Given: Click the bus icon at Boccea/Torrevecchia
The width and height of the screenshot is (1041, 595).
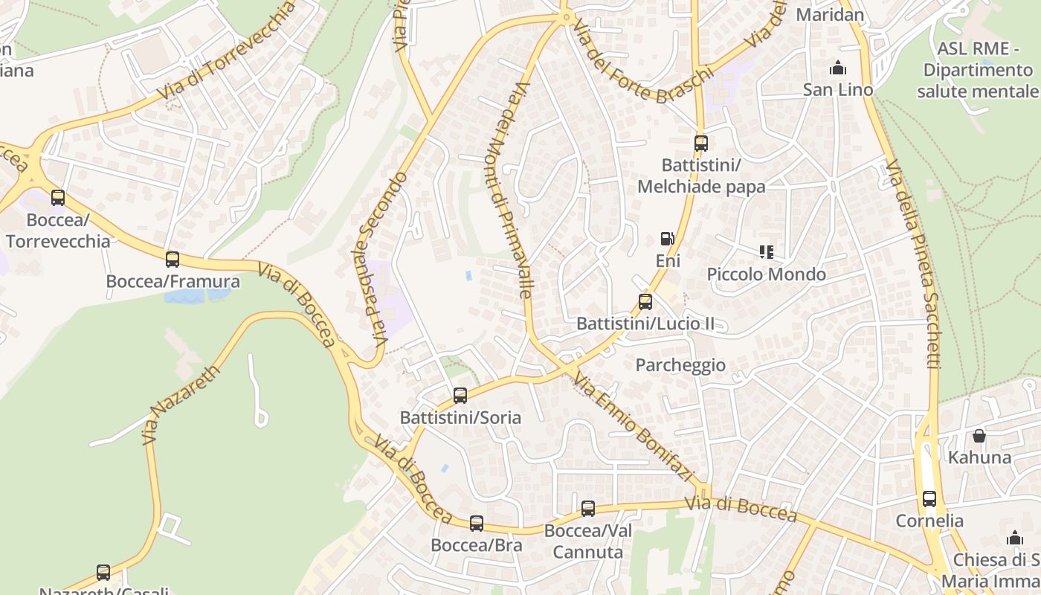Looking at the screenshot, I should point(58,198).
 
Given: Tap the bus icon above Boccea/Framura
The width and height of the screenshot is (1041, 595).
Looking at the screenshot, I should point(173,260).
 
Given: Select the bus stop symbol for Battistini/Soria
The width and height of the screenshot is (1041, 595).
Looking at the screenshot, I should point(460,396).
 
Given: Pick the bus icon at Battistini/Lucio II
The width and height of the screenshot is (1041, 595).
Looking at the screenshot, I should point(645,302).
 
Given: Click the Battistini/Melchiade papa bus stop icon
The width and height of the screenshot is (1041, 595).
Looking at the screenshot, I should point(701,144).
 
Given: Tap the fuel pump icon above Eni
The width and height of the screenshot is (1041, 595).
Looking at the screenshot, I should point(668,239).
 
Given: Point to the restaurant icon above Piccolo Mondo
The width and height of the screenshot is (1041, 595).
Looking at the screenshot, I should point(766,252).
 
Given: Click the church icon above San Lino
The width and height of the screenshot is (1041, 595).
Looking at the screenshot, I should point(838,68).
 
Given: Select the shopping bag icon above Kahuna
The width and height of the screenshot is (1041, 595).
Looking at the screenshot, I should point(979,436).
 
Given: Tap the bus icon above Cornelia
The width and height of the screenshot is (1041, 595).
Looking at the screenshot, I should point(929,499).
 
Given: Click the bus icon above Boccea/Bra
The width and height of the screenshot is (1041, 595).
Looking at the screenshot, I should point(477,524).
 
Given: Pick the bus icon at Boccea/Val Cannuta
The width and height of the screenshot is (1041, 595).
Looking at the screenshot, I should point(588,509).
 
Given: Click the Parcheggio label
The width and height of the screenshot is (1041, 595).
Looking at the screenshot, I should point(680,365).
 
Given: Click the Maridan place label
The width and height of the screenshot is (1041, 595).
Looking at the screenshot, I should point(830,14).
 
